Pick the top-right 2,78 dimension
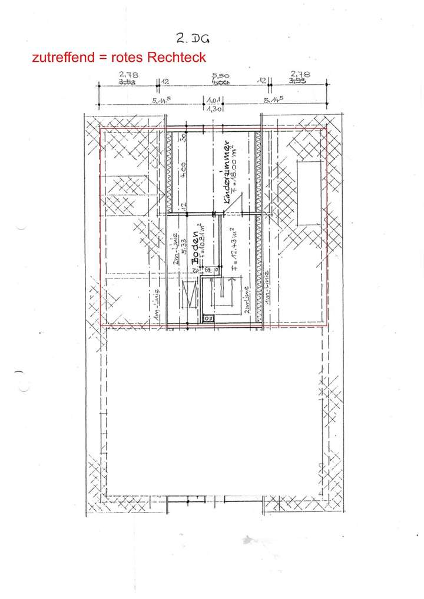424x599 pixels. (x=300, y=75)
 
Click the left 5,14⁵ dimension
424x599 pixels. (x=161, y=100)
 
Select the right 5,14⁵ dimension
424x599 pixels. (x=274, y=100)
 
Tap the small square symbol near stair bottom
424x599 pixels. (x=207, y=318)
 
